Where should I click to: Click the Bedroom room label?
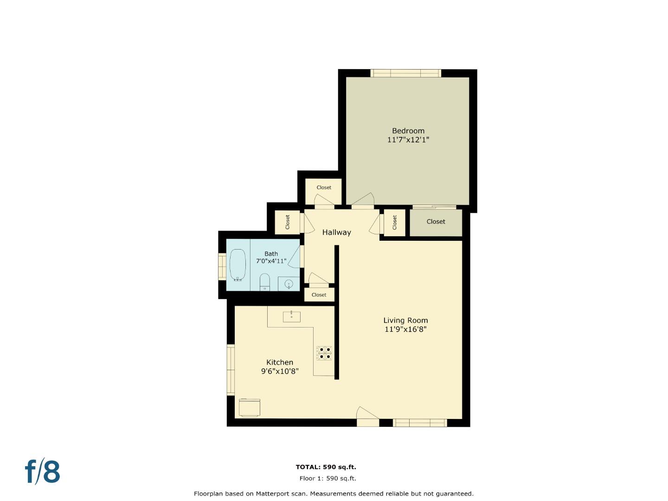[x=408, y=131]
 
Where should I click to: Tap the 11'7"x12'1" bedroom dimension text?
[x=408, y=140]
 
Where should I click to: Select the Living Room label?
[x=405, y=321]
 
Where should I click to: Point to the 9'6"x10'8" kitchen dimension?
[x=279, y=371]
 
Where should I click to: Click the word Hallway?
[x=336, y=232]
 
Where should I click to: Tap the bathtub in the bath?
[x=238, y=265]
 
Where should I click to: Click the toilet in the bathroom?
[x=264, y=282]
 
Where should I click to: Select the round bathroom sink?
[x=289, y=284]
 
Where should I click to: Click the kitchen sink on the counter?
[x=291, y=317]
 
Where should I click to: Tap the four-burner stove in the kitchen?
[x=324, y=353]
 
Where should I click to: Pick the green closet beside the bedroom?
[x=436, y=222]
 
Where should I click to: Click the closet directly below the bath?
[x=319, y=295]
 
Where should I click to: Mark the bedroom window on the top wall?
[x=405, y=73]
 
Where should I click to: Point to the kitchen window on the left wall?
[x=231, y=369]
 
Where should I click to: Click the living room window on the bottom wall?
[x=419, y=423]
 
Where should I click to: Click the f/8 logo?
[x=43, y=471]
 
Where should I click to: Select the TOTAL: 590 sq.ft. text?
[x=326, y=467]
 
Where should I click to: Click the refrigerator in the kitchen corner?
[x=249, y=407]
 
